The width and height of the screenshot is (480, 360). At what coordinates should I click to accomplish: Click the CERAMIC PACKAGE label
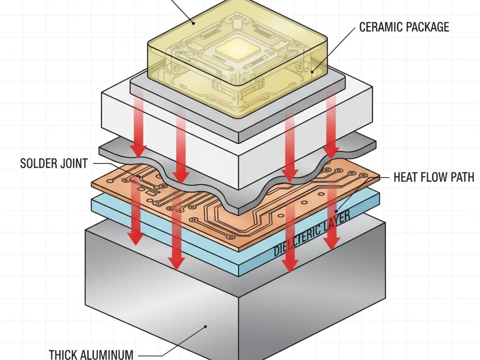click(404, 27)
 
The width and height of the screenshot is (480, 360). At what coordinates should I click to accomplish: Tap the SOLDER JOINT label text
click(54, 164)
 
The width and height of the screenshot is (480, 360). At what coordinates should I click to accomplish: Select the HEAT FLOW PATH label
click(434, 177)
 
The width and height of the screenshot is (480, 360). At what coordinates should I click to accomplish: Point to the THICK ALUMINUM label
click(91, 354)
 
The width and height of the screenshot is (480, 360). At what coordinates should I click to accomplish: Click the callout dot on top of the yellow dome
click(193, 22)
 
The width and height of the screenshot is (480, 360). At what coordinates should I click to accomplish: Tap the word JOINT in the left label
click(73, 164)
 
